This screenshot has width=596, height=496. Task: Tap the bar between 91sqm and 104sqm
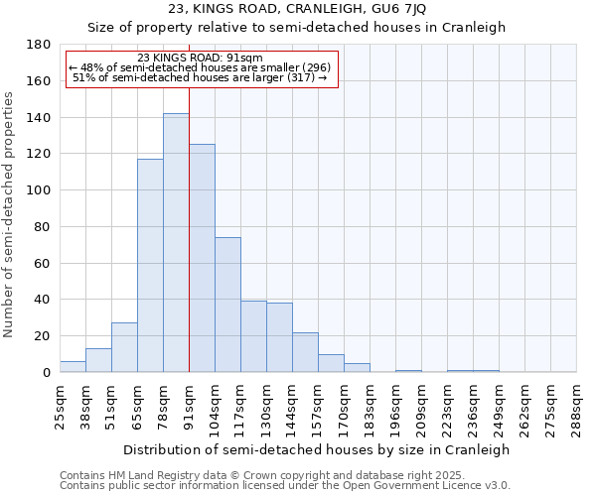(x=202, y=258)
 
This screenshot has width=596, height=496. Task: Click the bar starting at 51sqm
(x=124, y=347)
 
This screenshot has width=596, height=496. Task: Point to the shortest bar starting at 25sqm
(x=73, y=367)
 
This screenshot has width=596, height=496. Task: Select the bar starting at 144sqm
(x=305, y=352)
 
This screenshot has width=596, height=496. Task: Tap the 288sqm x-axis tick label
(x=577, y=408)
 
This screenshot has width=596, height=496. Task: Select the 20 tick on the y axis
(x=43, y=336)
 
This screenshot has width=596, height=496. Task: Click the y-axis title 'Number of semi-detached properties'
(x=10, y=214)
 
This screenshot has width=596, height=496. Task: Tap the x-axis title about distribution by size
(x=318, y=449)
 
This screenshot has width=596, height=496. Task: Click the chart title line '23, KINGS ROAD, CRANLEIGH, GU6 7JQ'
(x=297, y=10)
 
